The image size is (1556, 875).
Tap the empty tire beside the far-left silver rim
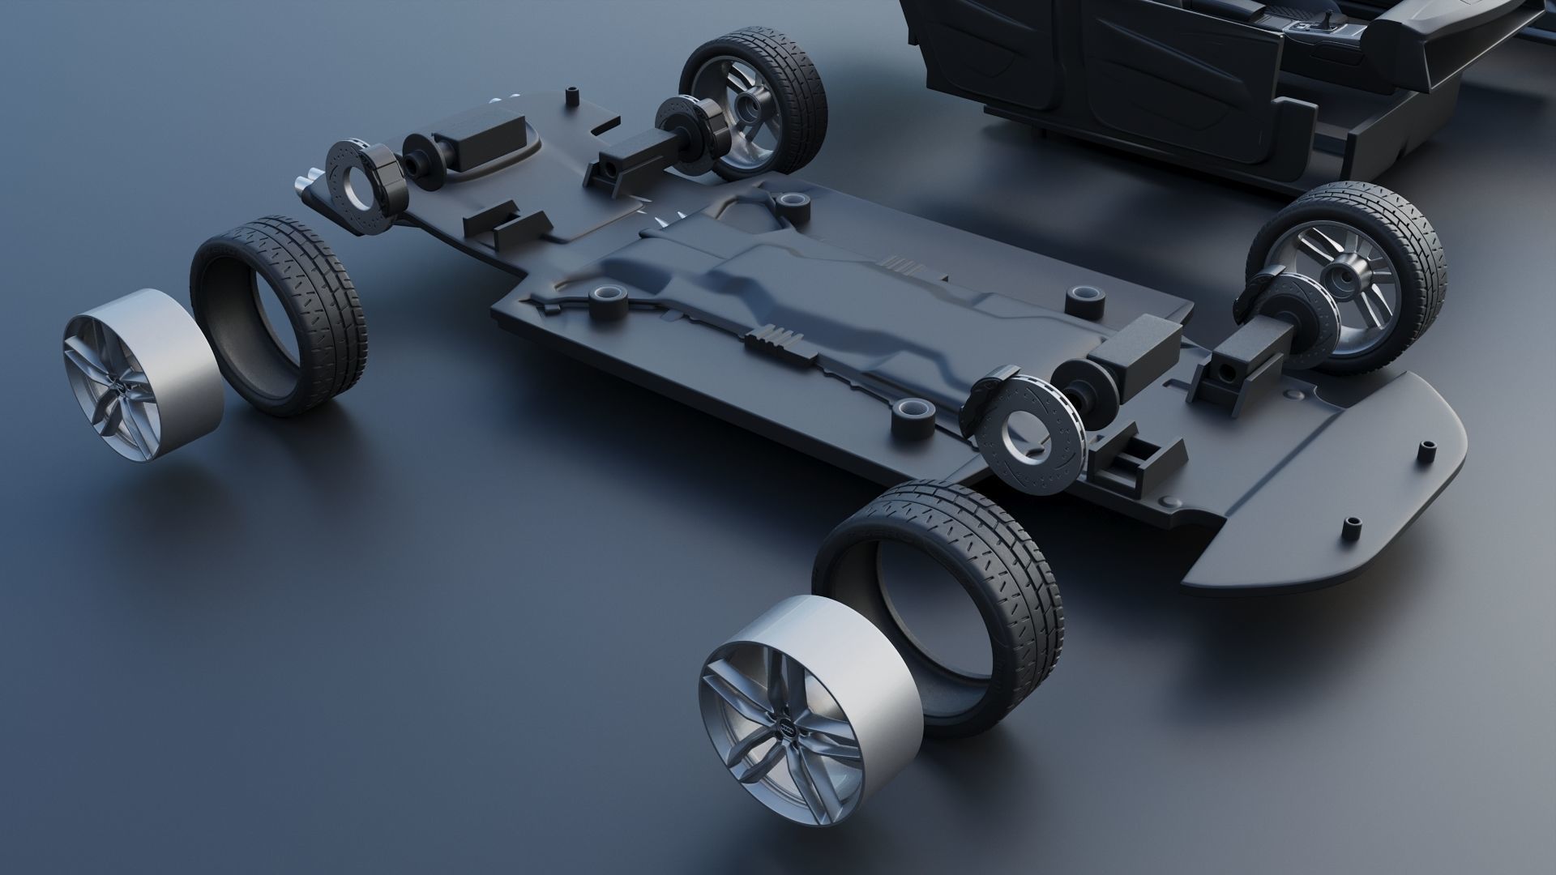(x=280, y=316)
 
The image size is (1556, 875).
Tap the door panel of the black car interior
(x=1167, y=73)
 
